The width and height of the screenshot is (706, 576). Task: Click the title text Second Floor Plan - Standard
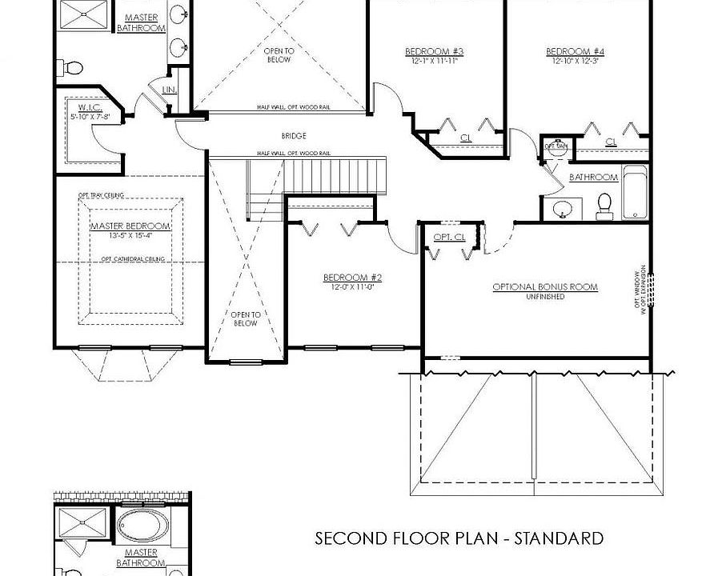(459, 538)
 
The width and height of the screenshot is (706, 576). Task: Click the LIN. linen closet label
(169, 90)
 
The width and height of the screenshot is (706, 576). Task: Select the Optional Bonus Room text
(545, 287)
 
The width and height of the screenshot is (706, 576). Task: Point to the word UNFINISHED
(545, 297)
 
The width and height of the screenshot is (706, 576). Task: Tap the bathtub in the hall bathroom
(634, 193)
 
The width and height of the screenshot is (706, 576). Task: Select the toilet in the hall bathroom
(604, 206)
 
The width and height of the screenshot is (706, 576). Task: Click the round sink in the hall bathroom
(564, 210)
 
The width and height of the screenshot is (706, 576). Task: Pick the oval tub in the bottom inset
(140, 528)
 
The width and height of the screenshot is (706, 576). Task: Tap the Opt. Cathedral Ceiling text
(133, 259)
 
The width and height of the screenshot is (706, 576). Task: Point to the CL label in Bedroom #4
(611, 142)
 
